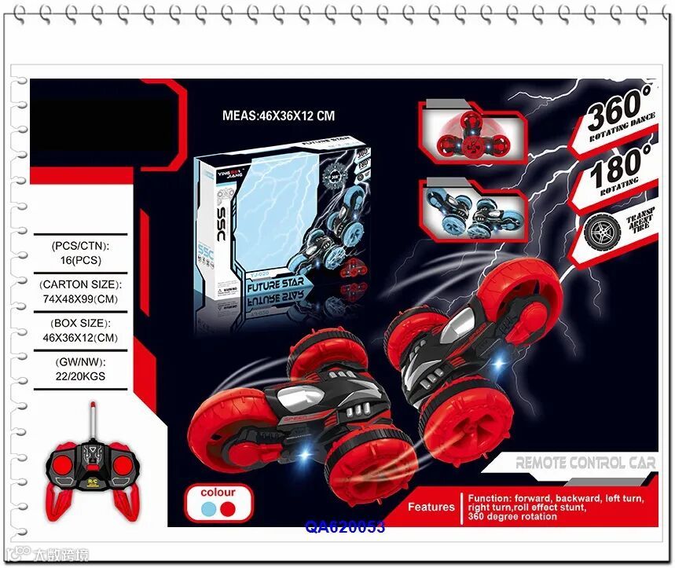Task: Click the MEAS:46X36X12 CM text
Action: (x=278, y=115)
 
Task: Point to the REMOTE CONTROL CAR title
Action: (x=585, y=464)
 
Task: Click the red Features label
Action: (x=431, y=508)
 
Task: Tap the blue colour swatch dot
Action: (x=207, y=509)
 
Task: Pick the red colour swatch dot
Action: (x=228, y=509)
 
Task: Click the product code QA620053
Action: (x=345, y=527)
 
